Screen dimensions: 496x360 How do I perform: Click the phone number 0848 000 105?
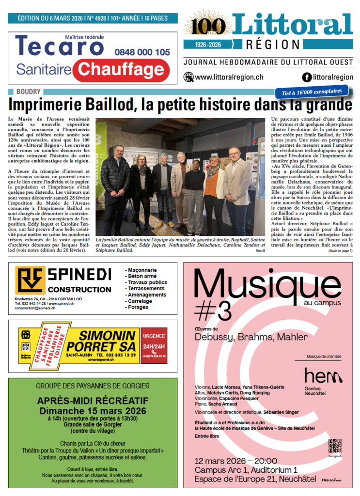[x=142, y=52]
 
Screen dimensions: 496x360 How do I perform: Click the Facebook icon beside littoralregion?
[x=306, y=77]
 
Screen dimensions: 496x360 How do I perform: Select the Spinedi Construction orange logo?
[x=30, y=280]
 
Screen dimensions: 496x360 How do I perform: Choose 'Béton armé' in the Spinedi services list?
[x=141, y=276]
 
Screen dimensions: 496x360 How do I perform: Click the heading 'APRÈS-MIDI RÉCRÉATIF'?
[x=92, y=401]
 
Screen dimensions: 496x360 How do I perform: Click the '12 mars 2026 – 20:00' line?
[x=235, y=461]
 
